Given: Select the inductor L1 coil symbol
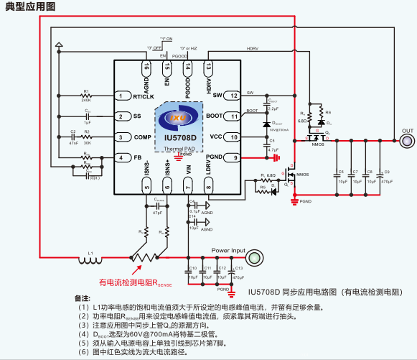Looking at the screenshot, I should pos(90,259).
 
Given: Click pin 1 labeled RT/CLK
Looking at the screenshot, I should pos(123,96).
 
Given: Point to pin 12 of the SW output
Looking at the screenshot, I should pos(233,95).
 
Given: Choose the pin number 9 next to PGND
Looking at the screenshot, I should pos(233,157).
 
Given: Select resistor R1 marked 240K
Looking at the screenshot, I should pos(86,96).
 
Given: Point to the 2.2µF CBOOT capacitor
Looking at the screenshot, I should pos(266,104).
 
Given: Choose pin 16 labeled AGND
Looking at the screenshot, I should pos(146,67).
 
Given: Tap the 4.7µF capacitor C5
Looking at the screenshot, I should pos(266,144).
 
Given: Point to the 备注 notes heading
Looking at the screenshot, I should pos(83,297).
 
